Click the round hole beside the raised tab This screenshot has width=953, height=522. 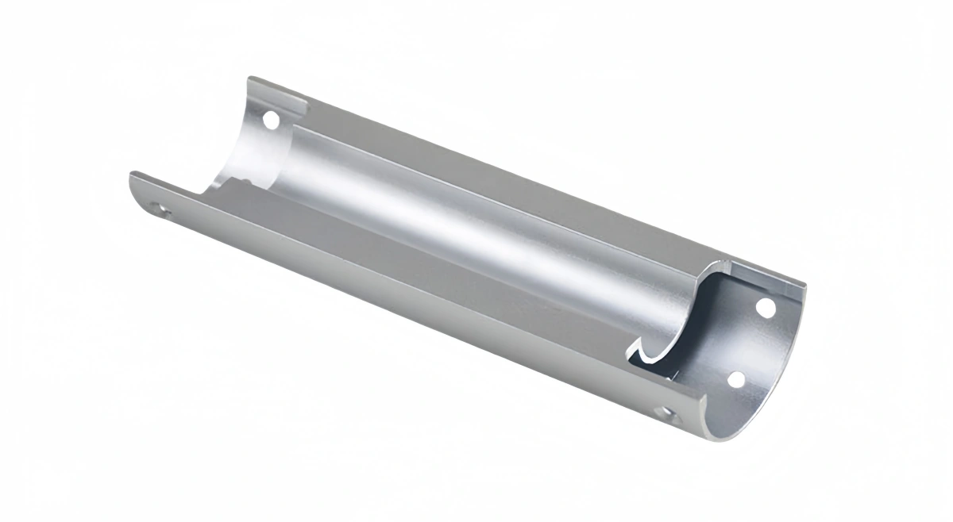[271, 121]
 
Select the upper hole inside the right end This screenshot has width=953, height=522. [766, 306]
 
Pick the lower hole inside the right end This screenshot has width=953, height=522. [736, 379]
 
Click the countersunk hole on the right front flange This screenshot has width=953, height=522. [666, 413]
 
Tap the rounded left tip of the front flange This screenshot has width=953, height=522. [133, 181]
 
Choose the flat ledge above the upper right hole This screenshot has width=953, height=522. [762, 278]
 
